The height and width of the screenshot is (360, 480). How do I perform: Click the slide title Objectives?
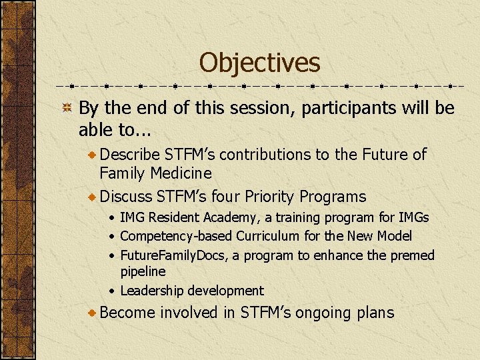click(259, 63)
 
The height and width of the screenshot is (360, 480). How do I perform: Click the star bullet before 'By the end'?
click(67, 108)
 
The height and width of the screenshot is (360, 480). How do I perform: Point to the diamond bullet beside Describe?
click(92, 155)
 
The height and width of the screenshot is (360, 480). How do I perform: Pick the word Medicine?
click(179, 173)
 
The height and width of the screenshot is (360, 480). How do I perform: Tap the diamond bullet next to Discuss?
click(92, 197)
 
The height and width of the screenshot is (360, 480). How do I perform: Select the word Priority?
click(270, 197)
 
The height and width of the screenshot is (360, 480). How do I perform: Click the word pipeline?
click(143, 272)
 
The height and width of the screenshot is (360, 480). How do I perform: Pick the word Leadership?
click(152, 291)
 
